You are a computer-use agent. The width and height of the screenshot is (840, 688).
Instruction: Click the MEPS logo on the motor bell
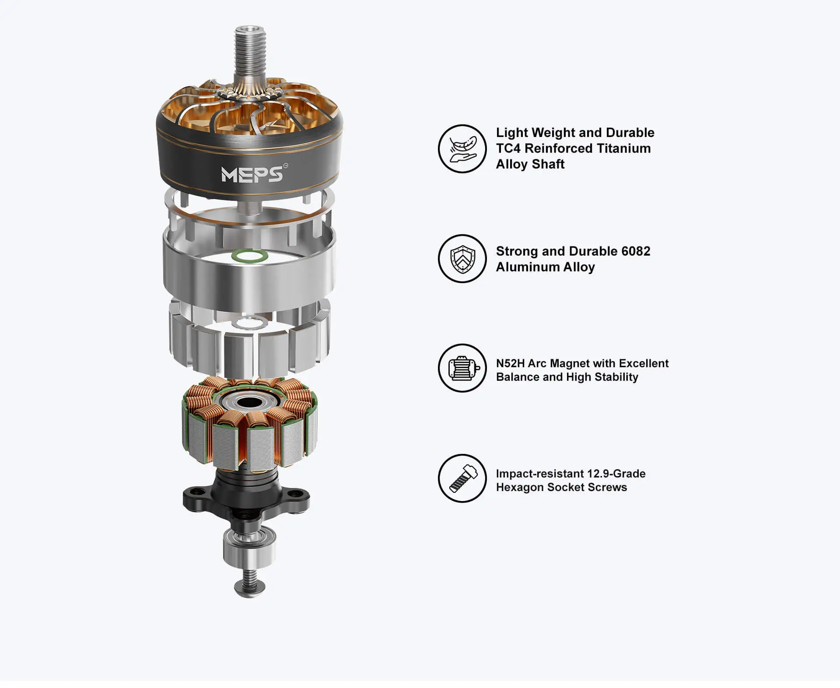(252, 174)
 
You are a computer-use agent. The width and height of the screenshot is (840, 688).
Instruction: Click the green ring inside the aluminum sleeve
(249, 256)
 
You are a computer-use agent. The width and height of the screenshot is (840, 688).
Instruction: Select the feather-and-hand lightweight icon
(462, 149)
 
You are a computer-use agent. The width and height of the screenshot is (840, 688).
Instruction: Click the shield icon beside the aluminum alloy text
(462, 259)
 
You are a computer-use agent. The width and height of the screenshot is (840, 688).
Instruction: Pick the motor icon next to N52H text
(463, 368)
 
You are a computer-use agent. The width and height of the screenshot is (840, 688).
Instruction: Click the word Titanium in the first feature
(623, 148)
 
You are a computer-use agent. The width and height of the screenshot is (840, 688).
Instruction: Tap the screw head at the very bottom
(250, 587)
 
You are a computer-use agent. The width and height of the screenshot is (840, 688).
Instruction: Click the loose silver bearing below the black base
(249, 547)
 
